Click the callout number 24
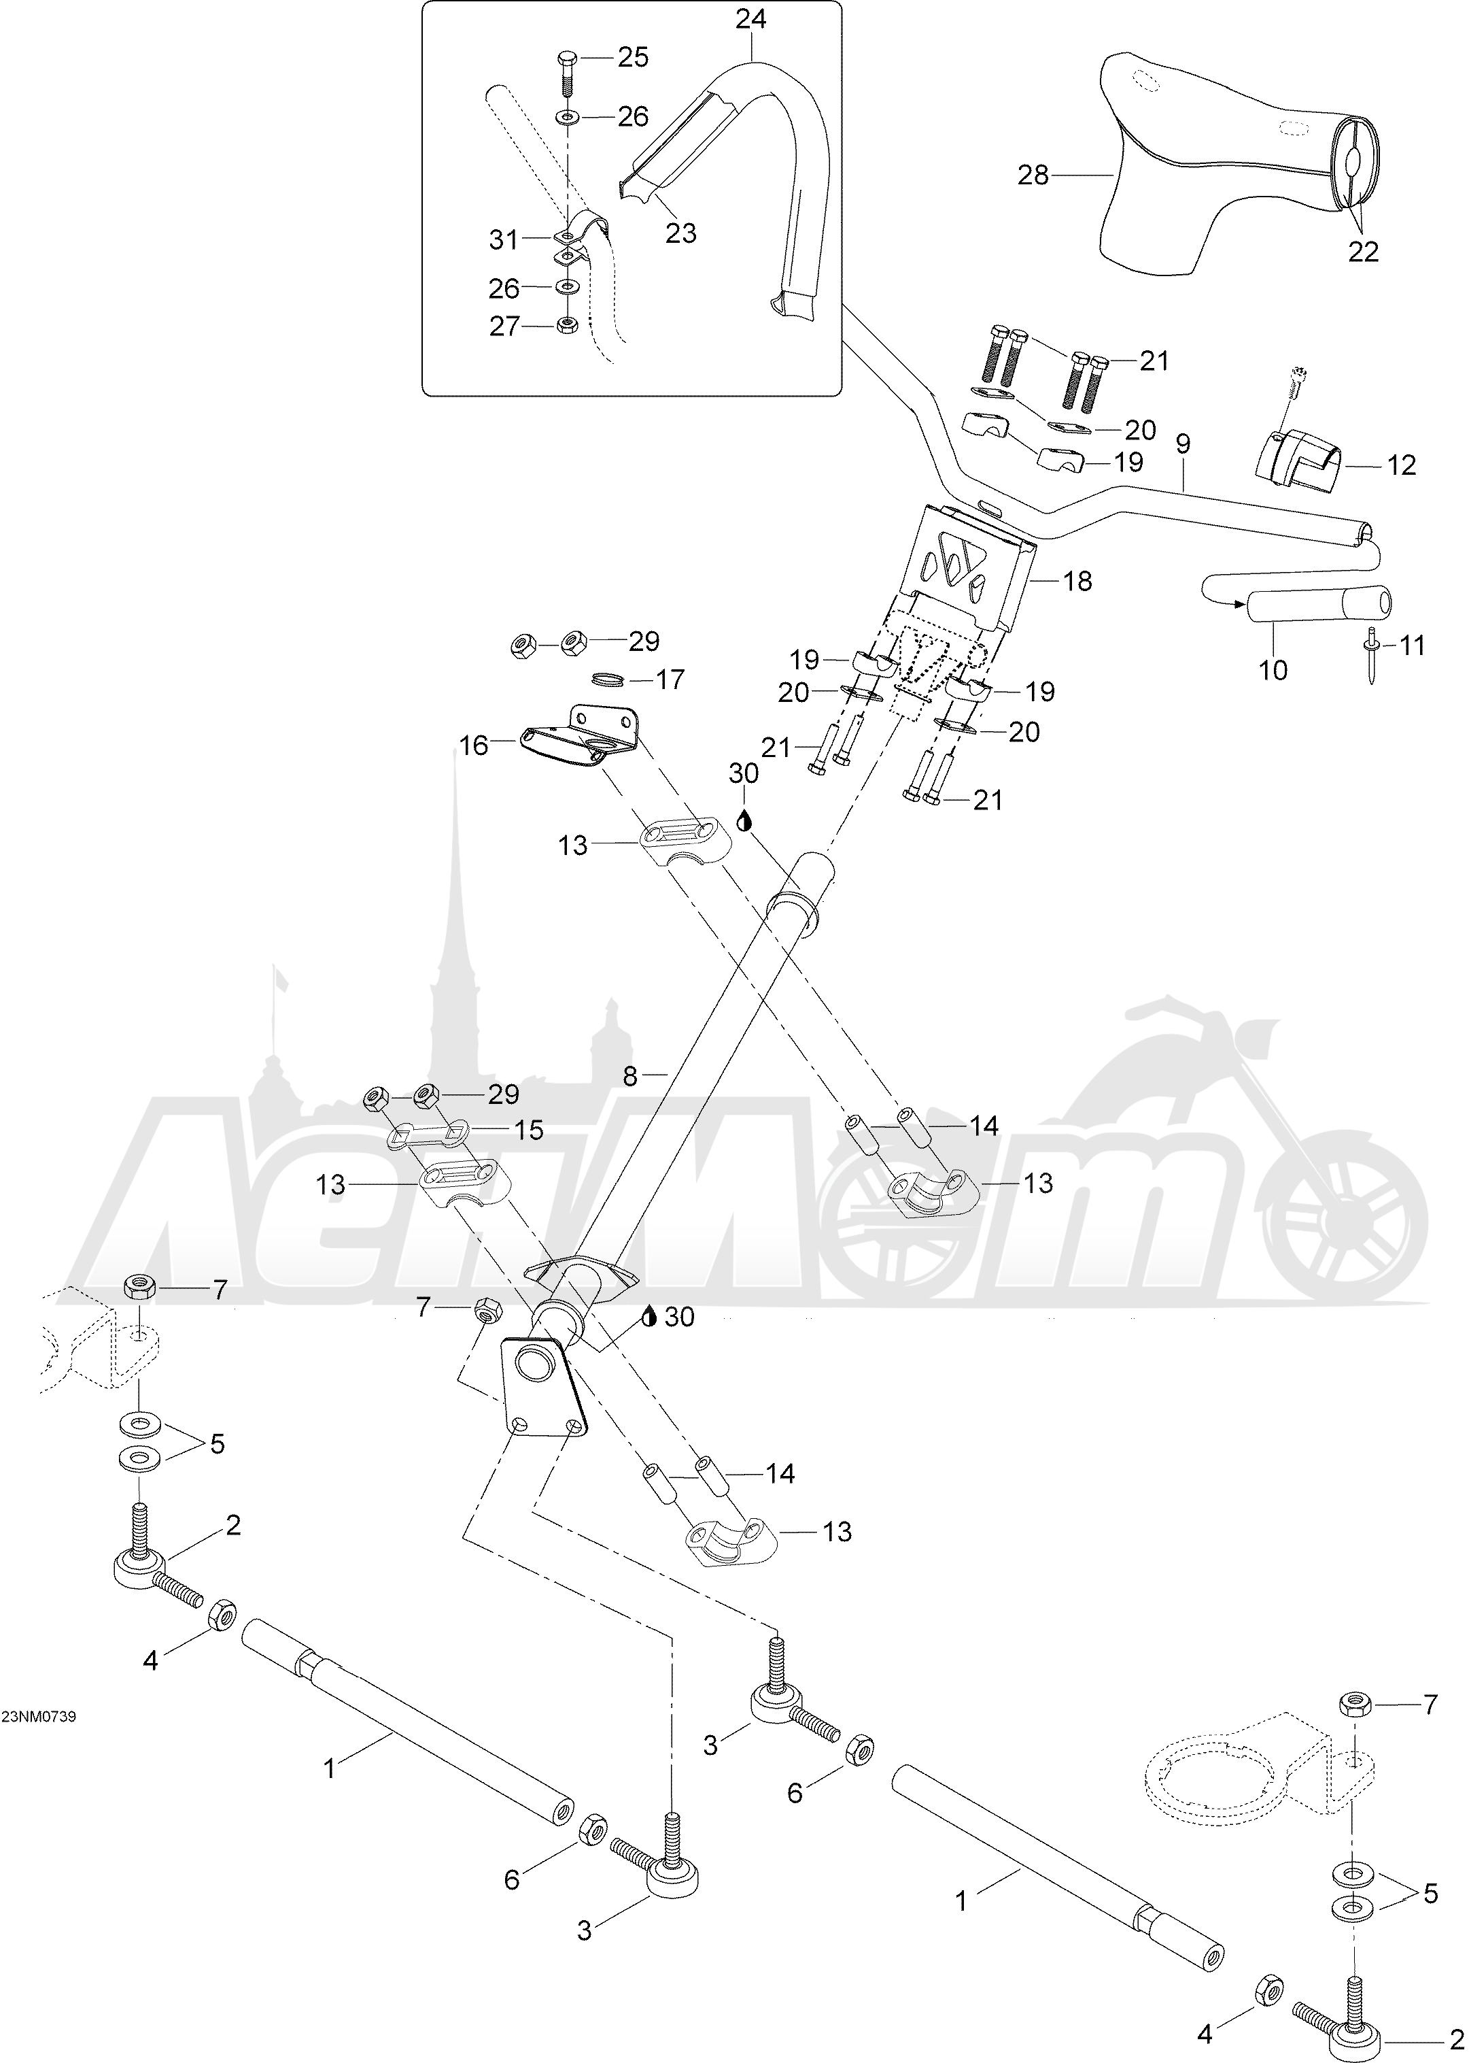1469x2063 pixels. click(750, 19)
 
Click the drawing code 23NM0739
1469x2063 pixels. click(39, 1717)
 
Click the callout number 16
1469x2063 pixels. click(473, 745)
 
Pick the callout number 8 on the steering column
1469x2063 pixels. click(630, 1076)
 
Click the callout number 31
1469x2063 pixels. click(503, 240)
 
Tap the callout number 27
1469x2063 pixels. click(505, 326)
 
